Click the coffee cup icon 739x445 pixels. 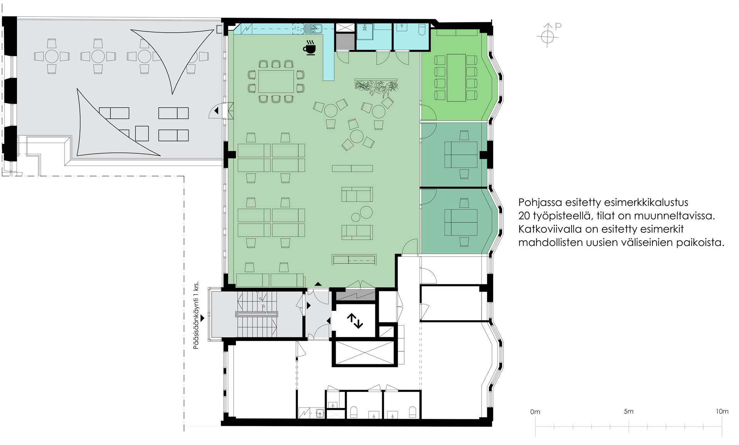point(309,48)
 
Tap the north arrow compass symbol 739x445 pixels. point(547,36)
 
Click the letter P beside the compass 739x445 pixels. point(558,27)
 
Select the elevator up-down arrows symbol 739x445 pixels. point(354,320)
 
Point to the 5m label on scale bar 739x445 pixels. point(629,412)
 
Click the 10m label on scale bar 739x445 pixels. point(722,412)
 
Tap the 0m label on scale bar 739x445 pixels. point(535,412)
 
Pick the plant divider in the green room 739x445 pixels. point(376,87)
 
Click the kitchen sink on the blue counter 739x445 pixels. point(313,28)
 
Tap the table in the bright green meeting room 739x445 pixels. point(456,78)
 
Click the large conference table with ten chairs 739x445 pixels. point(276,82)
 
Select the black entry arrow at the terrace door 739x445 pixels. point(216,111)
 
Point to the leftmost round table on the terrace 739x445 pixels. point(52,56)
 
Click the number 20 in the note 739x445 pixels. point(524,216)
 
